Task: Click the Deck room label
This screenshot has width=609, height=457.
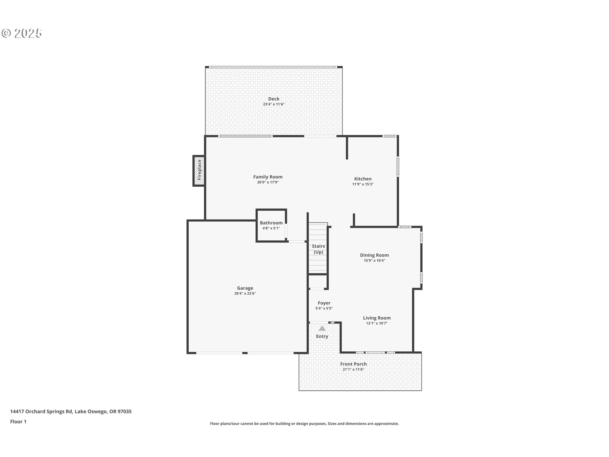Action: coord(274,99)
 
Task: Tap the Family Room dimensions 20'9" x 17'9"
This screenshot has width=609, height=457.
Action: coord(268,182)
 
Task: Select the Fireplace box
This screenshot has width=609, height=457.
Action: coord(199,171)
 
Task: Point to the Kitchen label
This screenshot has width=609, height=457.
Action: coord(363,179)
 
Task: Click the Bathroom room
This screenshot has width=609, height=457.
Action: coord(271,226)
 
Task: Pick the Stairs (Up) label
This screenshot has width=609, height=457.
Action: coord(318,249)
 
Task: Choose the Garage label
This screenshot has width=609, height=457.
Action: coord(245,288)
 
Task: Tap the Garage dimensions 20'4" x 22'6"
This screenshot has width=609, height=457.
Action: coord(245,294)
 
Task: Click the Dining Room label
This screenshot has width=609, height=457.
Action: coord(374,255)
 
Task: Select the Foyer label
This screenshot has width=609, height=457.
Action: coord(324,303)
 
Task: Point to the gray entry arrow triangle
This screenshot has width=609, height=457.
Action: coord(322,328)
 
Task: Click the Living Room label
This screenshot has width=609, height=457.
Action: coord(377,318)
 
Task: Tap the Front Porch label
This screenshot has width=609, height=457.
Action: coord(353,364)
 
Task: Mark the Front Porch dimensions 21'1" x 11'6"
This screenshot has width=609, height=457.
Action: coord(353,369)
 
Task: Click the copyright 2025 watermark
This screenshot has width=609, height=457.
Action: coord(22,33)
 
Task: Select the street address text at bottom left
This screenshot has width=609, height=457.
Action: coord(71,412)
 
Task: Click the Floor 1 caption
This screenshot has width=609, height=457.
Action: coord(18,422)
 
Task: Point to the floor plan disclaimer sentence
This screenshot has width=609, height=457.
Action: coord(304,424)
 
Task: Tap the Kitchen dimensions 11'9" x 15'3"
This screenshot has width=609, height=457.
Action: coord(363,184)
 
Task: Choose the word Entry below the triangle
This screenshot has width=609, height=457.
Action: coord(322,336)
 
